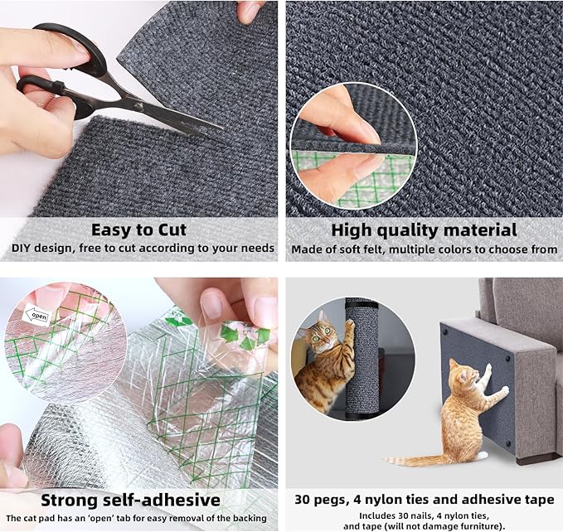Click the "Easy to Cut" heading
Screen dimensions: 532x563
138,230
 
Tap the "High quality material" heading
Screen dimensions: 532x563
424,230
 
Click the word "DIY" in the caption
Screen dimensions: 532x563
22,249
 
